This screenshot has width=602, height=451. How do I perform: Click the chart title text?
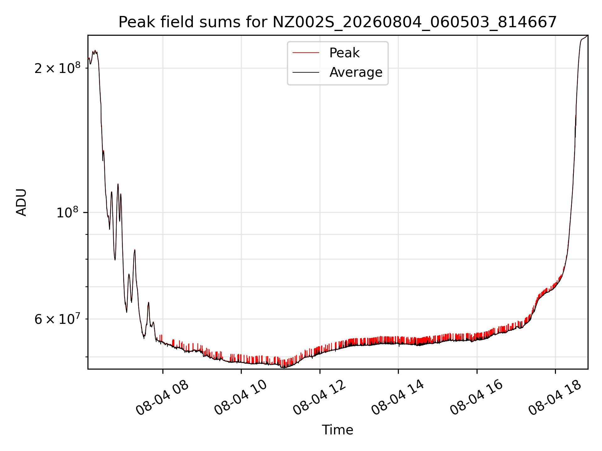(337, 22)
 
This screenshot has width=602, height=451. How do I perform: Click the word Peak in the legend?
(344, 53)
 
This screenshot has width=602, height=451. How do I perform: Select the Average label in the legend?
(356, 72)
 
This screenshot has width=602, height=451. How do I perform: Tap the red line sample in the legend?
(306, 53)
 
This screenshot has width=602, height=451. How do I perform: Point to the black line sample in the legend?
(306, 72)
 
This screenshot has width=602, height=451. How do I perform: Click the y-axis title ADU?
(21, 202)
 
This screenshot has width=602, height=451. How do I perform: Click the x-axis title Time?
(337, 430)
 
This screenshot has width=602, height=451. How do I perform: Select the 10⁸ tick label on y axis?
(67, 212)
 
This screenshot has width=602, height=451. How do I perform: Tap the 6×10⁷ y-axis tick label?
(57, 319)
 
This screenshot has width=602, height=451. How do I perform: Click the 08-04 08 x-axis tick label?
(162, 398)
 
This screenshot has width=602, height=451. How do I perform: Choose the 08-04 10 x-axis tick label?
(241, 398)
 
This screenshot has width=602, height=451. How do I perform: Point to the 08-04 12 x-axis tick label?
(319, 398)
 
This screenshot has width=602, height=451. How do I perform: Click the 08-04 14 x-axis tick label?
(398, 398)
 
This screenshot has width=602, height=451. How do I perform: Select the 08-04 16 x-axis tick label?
(477, 398)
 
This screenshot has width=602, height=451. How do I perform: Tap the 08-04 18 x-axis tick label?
(555, 398)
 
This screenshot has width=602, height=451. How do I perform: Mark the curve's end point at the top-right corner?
(587, 36)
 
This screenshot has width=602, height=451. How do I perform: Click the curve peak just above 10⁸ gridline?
(118, 184)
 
